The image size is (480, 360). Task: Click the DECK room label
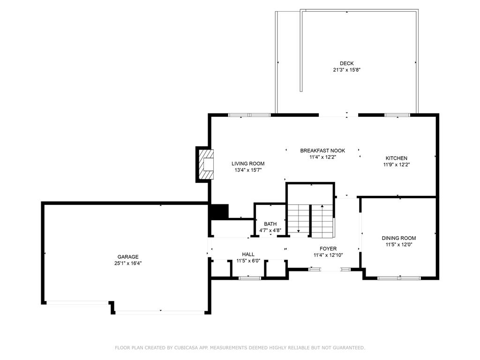(346, 63)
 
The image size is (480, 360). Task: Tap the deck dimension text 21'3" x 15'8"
(346, 70)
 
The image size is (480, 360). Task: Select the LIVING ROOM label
(248, 164)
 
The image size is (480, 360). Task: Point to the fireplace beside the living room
(206, 165)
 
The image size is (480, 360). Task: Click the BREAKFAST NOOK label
(322, 150)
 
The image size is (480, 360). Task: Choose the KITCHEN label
(397, 158)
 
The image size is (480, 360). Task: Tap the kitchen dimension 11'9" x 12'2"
(397, 165)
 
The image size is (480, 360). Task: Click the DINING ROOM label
(399, 238)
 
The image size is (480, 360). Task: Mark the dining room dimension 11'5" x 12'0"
(399, 245)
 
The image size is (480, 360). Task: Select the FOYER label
(328, 249)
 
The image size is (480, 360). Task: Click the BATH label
(270, 224)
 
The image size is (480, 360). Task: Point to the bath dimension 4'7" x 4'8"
(270, 231)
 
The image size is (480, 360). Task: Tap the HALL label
(248, 255)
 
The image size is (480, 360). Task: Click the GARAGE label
(128, 257)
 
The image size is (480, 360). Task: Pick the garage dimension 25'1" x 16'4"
(128, 263)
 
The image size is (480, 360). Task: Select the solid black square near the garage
(218, 212)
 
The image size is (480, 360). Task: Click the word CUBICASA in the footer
(187, 348)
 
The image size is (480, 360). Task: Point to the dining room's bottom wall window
(399, 278)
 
